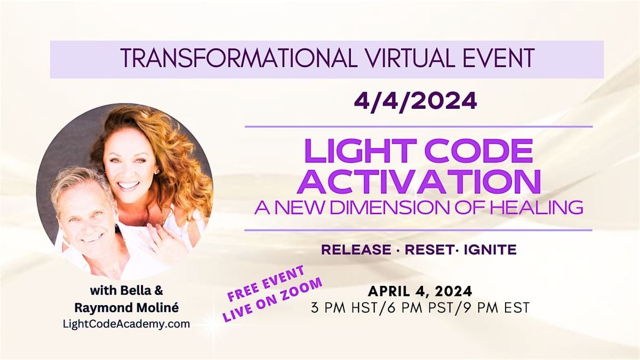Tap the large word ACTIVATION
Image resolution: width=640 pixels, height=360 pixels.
point(419,181)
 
